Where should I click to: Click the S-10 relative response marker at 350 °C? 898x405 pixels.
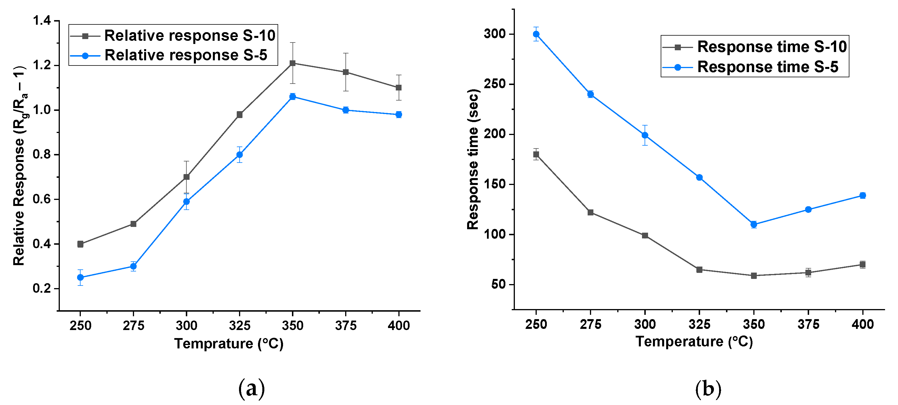click(x=293, y=63)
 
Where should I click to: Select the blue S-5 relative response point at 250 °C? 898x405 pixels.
click(x=81, y=277)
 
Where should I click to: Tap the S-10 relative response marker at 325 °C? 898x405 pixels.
click(x=240, y=115)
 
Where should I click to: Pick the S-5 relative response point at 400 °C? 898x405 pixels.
click(x=398, y=115)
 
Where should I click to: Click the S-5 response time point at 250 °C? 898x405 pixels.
click(x=536, y=34)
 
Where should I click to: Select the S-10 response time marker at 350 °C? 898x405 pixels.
click(x=754, y=275)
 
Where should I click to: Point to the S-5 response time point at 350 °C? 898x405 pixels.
click(x=754, y=224)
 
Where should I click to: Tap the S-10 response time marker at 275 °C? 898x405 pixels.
click(x=591, y=213)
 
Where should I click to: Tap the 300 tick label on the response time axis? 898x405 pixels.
click(x=494, y=34)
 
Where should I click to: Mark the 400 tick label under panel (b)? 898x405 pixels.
click(x=862, y=324)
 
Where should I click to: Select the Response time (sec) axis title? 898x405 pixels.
click(x=473, y=159)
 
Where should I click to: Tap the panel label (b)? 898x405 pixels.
click(x=708, y=388)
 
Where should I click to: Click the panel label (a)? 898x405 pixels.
click(x=251, y=388)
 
